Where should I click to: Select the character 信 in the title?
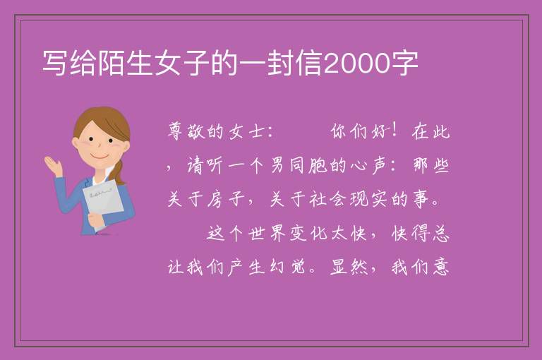[310, 64]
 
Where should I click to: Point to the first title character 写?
[55, 64]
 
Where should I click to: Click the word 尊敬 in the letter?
[186, 131]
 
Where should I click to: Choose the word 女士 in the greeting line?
[246, 132]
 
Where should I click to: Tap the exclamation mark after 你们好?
[395, 131]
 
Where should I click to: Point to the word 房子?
[226, 199]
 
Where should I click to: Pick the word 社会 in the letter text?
[327, 199]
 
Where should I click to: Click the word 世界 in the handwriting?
[267, 234]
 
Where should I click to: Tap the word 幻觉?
[287, 268]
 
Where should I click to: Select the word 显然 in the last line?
[349, 268]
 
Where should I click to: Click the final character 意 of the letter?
[441, 268]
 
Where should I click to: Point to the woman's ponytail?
[119, 172]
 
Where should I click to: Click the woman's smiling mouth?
[100, 157]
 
